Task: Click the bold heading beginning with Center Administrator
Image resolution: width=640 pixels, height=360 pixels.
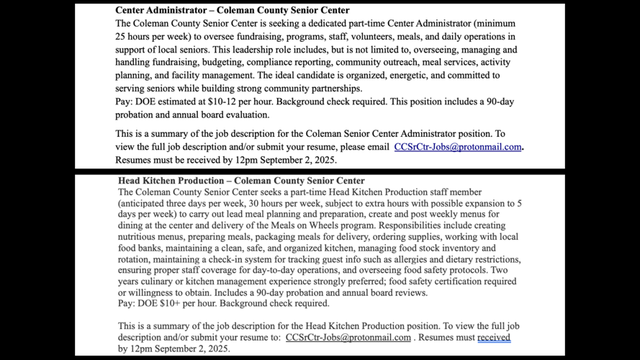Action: pyautogui.click(x=232, y=11)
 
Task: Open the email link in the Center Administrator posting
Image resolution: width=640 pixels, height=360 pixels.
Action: pyautogui.click(x=457, y=147)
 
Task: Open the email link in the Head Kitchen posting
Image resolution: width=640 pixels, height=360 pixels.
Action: pyautogui.click(x=348, y=337)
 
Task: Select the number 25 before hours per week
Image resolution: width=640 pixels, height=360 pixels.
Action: pyautogui.click(x=122, y=37)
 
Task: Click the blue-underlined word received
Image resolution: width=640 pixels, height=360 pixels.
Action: pyautogui.click(x=493, y=337)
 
